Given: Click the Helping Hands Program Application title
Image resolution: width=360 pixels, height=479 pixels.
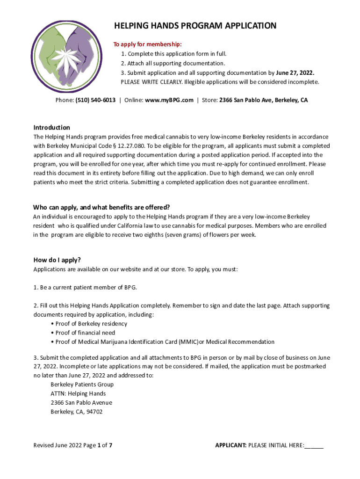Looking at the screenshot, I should click(x=195, y=26).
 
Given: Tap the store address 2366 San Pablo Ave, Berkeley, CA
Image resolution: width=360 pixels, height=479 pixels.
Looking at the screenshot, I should click(x=263, y=100).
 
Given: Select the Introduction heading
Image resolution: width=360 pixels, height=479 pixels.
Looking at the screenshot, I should click(x=51, y=128).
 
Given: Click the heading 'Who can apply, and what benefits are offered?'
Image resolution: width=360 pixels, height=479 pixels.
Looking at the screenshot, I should click(x=101, y=207).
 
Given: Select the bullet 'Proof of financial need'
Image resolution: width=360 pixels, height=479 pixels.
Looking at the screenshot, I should click(x=85, y=333).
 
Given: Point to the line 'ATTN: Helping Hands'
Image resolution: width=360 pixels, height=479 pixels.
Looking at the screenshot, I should click(x=78, y=393).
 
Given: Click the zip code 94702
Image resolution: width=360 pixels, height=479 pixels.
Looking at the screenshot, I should click(x=94, y=412).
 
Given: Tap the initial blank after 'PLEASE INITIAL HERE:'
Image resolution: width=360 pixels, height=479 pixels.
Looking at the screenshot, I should click(x=314, y=445).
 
